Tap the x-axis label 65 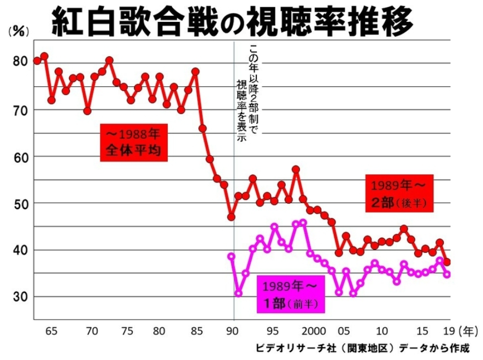(51, 331)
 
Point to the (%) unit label (18, 32)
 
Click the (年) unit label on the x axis (468, 331)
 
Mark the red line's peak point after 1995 (296, 169)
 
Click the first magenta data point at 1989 (231, 256)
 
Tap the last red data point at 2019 (447, 262)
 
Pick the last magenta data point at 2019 (447, 274)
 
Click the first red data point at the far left (37, 60)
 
